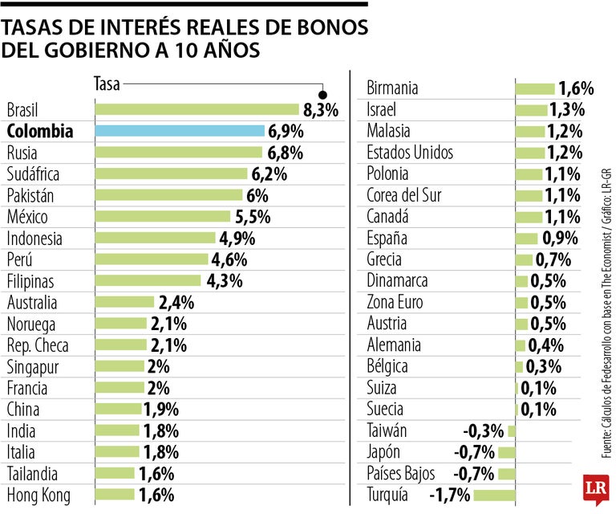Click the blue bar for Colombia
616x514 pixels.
(x=180, y=131)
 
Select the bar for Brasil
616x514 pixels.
(x=197, y=109)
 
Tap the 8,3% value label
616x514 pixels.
(x=321, y=110)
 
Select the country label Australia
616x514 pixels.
(x=32, y=303)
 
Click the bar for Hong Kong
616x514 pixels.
(x=115, y=495)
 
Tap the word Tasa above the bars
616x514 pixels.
(x=107, y=83)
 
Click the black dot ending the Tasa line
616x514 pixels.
(x=322, y=92)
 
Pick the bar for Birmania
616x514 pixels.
(x=534, y=88)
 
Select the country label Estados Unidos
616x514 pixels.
(x=409, y=153)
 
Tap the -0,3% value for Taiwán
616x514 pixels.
(x=484, y=430)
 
